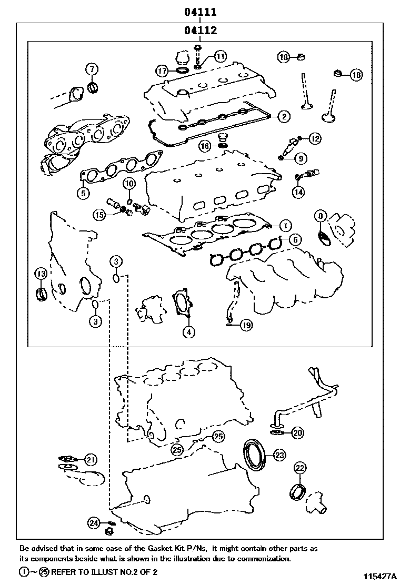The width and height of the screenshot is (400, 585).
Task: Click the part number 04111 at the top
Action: (201, 11)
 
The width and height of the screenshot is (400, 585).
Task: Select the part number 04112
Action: (201, 31)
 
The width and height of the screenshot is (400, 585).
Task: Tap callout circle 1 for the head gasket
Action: (284, 225)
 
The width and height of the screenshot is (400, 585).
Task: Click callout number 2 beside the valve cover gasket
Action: (284, 116)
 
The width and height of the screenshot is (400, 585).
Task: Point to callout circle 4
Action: (188, 331)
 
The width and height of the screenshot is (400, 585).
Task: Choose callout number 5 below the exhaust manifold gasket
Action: (83, 193)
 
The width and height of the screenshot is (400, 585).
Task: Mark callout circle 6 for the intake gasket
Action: (295, 240)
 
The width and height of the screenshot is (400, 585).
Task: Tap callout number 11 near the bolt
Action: (220, 56)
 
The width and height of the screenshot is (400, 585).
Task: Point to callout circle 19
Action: (246, 326)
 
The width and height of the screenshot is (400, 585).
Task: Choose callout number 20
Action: (297, 433)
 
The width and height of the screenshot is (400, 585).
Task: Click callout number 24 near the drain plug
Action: (94, 522)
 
